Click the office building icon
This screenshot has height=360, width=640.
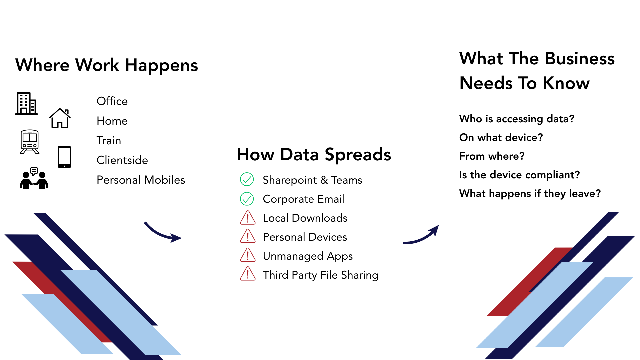click(26, 104)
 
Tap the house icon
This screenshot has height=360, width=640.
click(60, 118)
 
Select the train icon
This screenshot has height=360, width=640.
click(30, 142)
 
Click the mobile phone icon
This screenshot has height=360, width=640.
click(64, 157)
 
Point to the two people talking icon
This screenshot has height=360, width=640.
click(34, 178)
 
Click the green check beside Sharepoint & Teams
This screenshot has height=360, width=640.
click(247, 179)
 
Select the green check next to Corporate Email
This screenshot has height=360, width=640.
click(247, 199)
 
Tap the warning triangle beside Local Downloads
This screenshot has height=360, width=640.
click(248, 218)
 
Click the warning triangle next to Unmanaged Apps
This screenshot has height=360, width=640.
click(248, 255)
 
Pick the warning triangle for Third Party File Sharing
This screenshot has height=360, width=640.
click(248, 274)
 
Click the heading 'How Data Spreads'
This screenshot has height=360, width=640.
click(314, 155)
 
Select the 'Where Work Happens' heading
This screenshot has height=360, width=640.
click(107, 65)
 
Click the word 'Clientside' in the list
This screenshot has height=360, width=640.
click(122, 160)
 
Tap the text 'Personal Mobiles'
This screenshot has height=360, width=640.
click(141, 180)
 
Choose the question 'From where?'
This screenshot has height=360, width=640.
click(492, 156)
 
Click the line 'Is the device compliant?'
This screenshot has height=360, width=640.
click(520, 175)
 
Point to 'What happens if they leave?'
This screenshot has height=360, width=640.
click(530, 194)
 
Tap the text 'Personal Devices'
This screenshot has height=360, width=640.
click(305, 237)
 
